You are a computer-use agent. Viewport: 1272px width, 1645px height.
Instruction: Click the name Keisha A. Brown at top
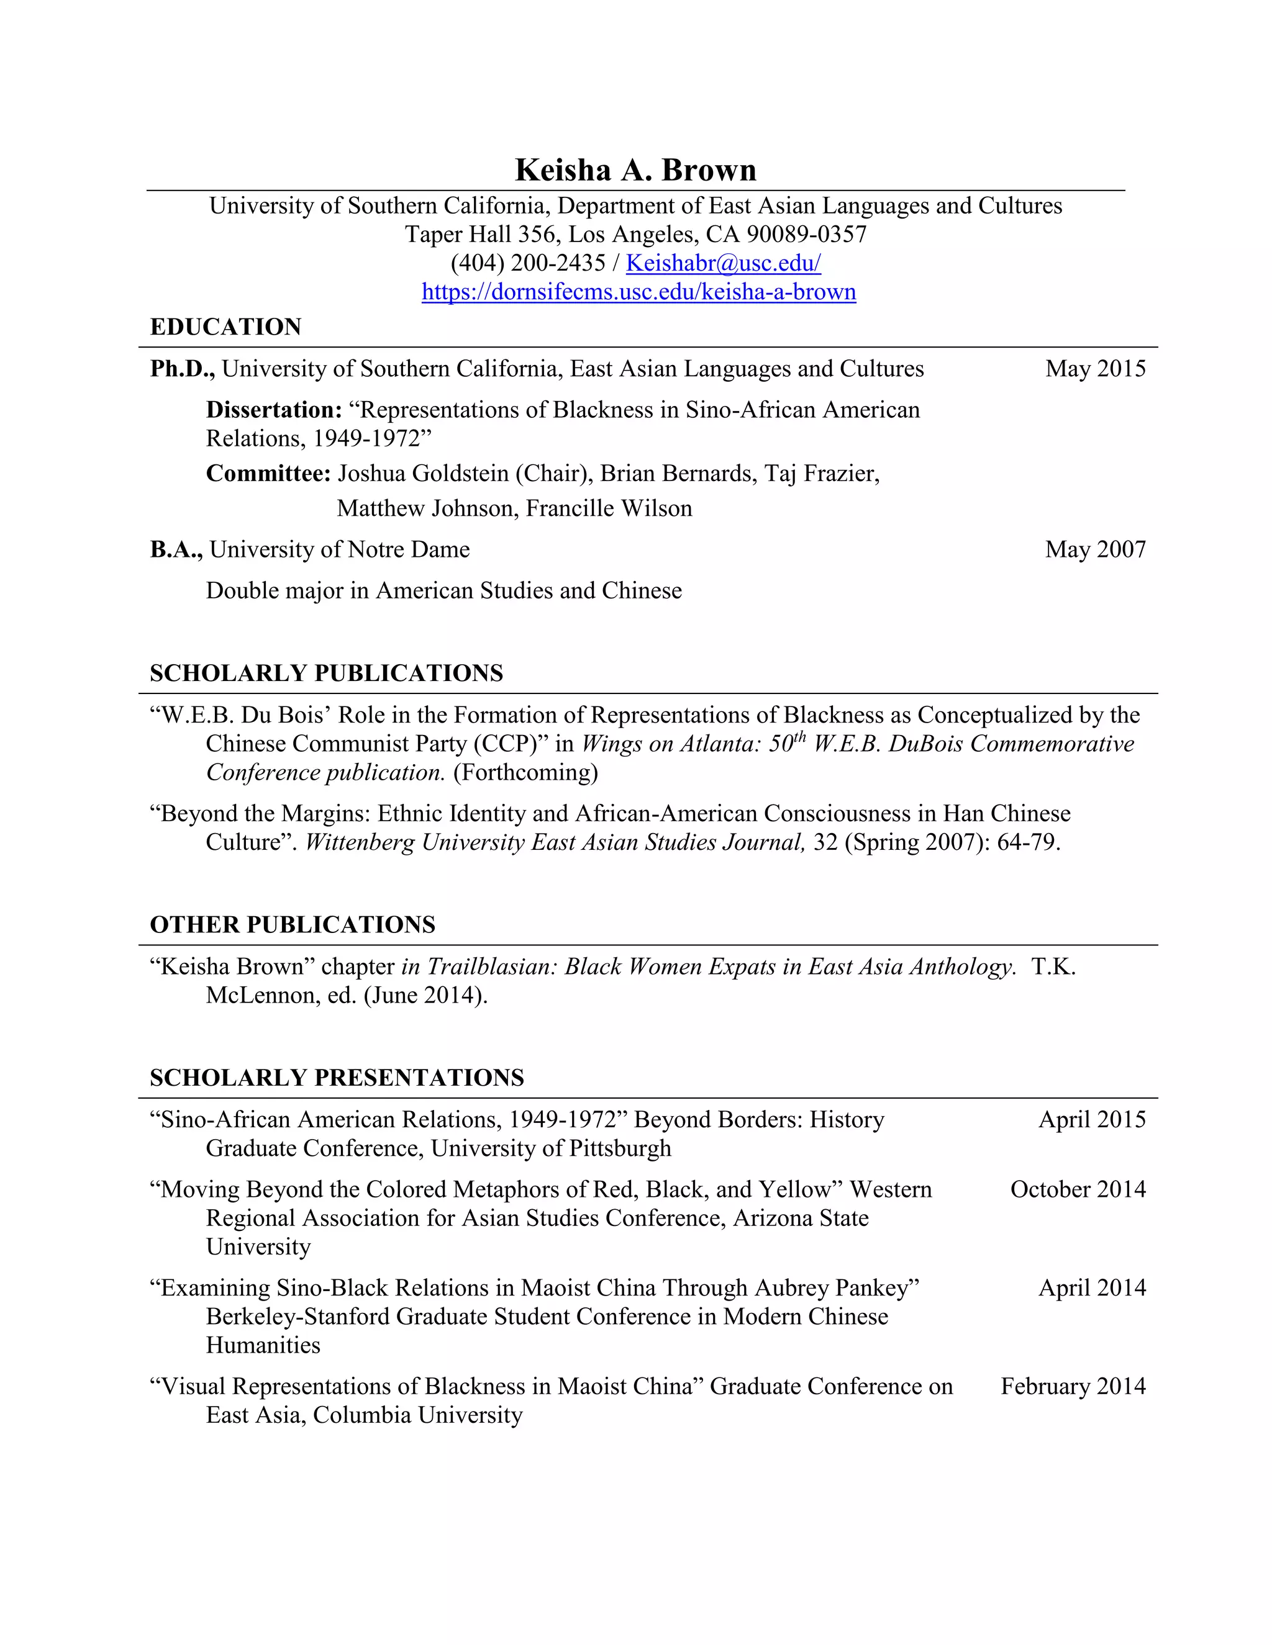coord(635,170)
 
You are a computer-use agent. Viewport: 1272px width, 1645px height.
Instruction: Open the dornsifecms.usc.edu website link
coord(638,292)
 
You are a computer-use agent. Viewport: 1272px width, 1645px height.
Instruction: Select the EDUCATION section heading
coord(225,327)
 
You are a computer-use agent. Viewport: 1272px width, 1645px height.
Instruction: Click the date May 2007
coord(1095,549)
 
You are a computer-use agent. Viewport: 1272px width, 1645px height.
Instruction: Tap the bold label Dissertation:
coord(275,410)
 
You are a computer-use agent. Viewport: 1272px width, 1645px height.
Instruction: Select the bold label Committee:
coord(268,473)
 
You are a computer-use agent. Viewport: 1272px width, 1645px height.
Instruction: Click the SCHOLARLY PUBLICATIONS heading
coord(326,673)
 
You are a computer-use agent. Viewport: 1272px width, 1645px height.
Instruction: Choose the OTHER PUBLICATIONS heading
coord(293,924)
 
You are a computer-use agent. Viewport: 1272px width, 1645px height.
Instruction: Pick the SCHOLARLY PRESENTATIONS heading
coord(337,1077)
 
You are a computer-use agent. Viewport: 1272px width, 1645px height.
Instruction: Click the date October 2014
coord(1078,1189)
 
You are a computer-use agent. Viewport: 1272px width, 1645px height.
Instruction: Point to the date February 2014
coord(1073,1386)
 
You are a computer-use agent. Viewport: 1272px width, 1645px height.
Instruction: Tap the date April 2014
coord(1092,1288)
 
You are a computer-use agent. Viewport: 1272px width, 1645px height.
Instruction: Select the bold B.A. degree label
coord(176,549)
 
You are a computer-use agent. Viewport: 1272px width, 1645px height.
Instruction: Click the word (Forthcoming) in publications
coord(525,772)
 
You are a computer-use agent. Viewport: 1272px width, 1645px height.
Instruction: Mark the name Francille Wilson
coord(609,508)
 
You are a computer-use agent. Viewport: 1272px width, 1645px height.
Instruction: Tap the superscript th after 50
coord(800,737)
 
